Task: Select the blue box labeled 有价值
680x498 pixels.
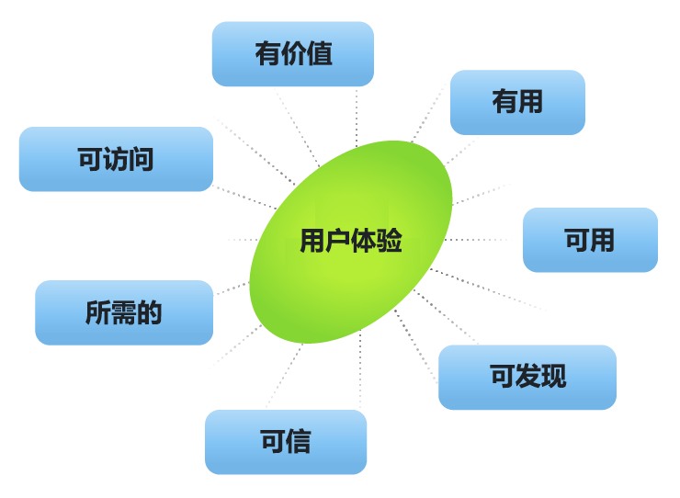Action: coord(292,54)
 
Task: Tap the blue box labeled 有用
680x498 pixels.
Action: coord(517,102)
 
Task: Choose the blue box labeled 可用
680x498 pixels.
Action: coord(590,240)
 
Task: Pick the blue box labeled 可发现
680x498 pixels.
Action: coord(527,377)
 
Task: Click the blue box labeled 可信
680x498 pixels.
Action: coord(285,442)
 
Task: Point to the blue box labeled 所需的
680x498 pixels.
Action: coord(123,312)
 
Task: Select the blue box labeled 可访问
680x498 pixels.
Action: coord(116,159)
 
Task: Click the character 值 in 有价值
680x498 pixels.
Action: coord(319,54)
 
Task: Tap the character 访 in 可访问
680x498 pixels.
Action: coord(116,159)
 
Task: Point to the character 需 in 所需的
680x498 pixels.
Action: coord(123,312)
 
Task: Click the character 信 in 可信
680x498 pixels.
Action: coord(299,442)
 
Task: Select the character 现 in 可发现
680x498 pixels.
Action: coord(553,377)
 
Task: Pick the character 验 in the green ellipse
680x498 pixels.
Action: coord(390,241)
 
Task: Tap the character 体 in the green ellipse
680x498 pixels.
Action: coord(364,241)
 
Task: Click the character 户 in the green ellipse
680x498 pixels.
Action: coord(338,241)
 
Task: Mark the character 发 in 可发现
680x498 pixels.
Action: coord(527,377)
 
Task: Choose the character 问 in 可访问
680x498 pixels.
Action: coord(142,159)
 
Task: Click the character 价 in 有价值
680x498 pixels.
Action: coord(293,54)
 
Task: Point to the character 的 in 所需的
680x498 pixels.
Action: coord(149,312)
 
